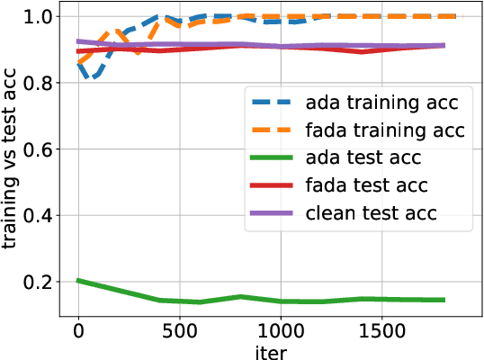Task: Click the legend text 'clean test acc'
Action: [x=384, y=213]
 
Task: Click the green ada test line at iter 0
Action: [x=78, y=281]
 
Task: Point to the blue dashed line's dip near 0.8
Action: [x=89, y=78]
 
